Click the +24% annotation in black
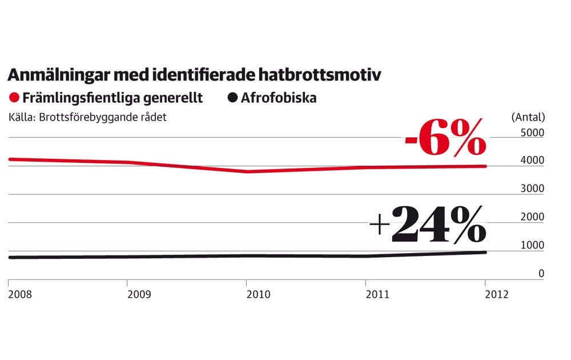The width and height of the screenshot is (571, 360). pos(428,224)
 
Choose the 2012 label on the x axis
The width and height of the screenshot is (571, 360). pos(496,294)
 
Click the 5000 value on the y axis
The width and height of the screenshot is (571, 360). pos(533,133)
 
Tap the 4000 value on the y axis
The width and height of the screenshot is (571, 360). pos(533,161)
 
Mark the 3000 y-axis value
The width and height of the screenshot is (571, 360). pos(533,189)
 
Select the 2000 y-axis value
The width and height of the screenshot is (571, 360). pos(533,217)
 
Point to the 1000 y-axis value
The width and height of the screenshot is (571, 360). pos(533,245)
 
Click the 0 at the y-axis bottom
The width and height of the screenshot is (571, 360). pos(541,274)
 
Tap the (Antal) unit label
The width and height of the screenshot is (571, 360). pos(528,117)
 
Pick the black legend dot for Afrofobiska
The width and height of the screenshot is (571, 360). pos(232,98)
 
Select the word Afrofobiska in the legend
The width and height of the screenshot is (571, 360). pos(279,98)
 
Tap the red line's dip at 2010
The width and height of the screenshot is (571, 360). pos(247,171)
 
